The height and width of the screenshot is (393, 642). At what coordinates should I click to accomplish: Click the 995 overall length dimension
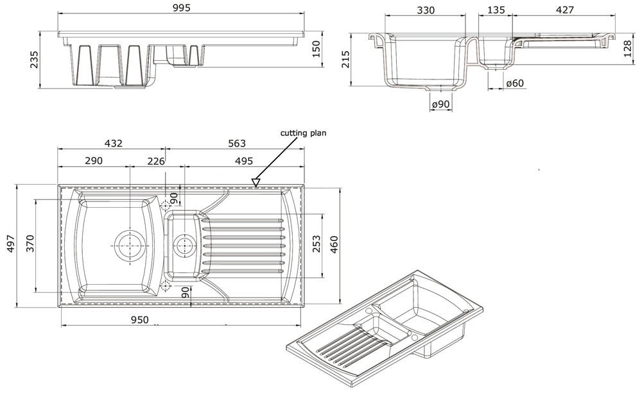pos(182,8)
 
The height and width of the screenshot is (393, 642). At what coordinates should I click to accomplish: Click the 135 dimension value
pos(496,10)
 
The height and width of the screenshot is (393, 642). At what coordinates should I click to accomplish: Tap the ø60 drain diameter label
pos(515,83)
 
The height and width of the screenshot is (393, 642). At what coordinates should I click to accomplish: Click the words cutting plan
pos(303,133)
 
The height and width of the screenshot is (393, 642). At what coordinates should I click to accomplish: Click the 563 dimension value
pos(236,143)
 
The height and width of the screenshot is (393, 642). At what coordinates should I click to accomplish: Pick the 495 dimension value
pos(243,161)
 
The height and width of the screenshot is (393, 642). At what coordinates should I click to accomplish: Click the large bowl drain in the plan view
pos(130,244)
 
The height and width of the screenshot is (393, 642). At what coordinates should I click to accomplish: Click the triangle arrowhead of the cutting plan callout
pos(256,183)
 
